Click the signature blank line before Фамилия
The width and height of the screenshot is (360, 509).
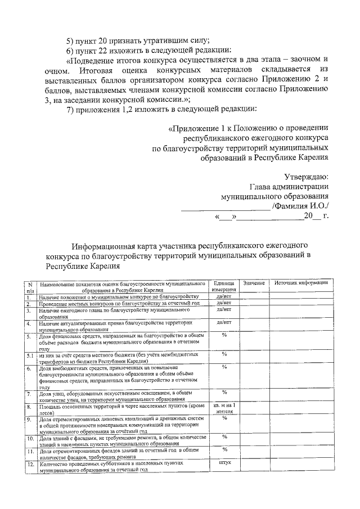225,208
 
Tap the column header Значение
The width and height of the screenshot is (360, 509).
254,282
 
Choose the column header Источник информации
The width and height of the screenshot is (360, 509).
301,282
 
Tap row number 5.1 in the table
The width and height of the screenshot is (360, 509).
30,356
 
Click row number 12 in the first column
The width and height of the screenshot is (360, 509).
30,465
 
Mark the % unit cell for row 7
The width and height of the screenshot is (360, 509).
224,392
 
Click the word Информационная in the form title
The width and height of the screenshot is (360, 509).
105,246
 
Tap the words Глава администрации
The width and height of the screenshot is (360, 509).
289,187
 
